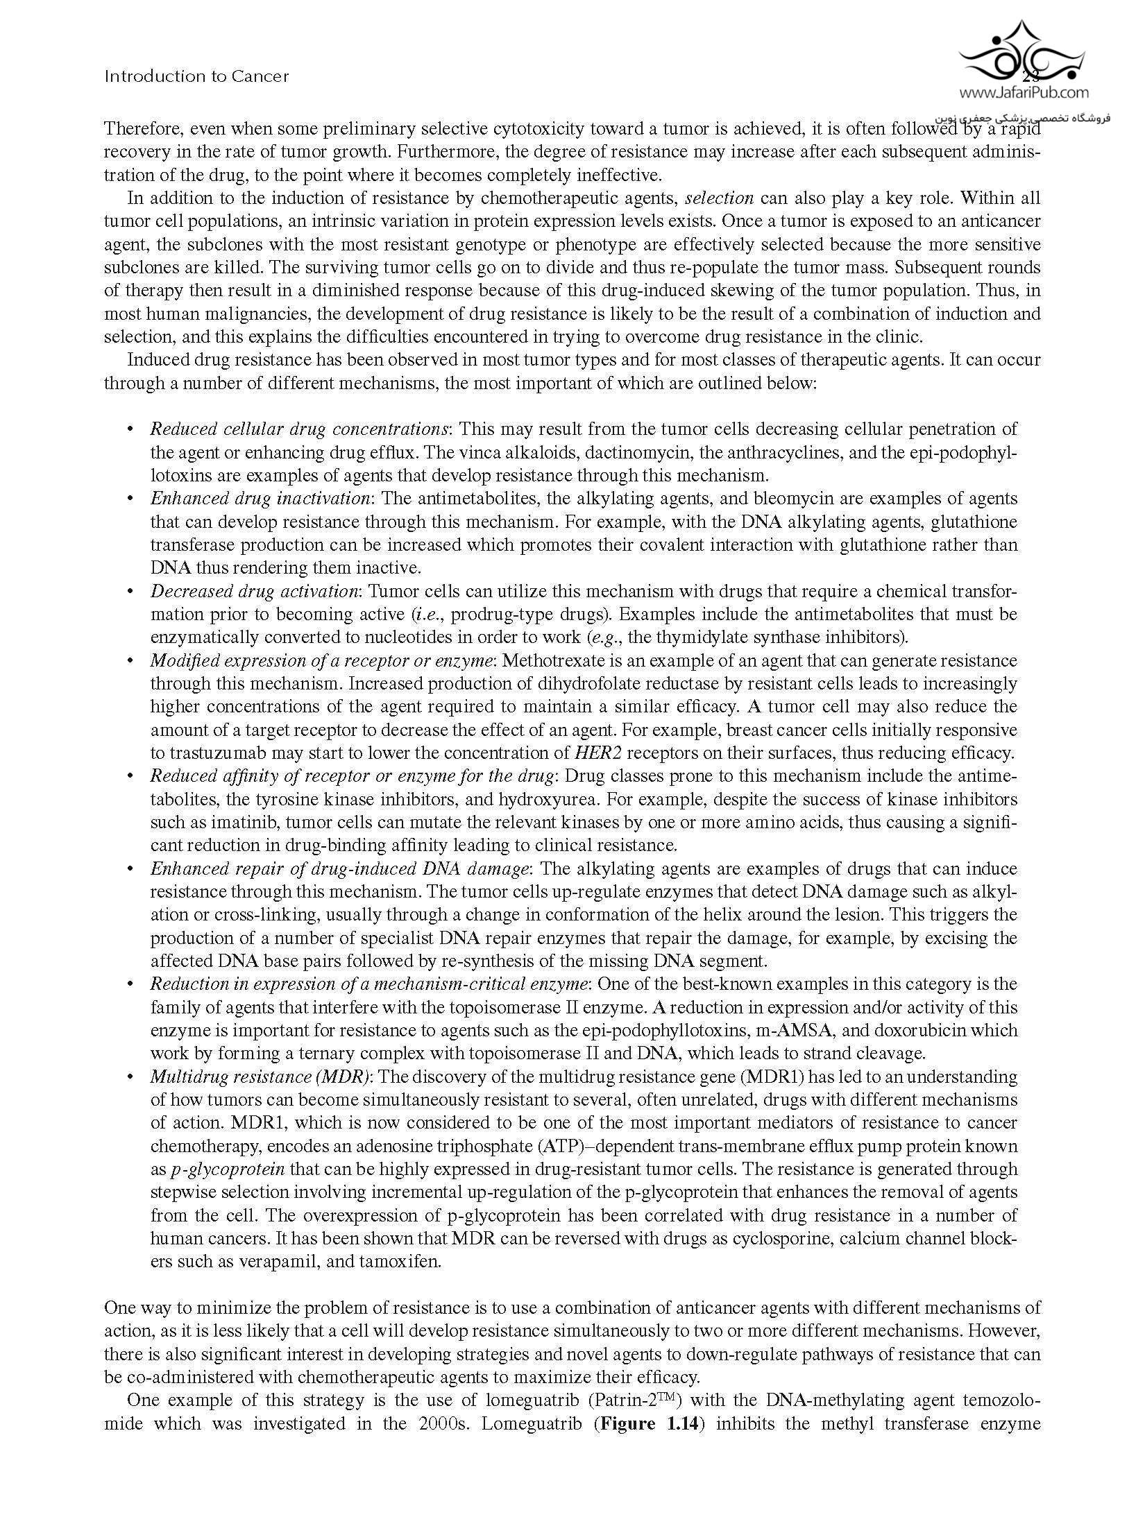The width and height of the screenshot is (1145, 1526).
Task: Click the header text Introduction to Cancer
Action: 196,76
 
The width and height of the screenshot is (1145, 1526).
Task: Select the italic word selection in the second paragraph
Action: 719,198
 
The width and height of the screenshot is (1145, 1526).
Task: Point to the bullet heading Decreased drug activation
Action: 255,592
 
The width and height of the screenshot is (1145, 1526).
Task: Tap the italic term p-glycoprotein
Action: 228,1169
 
